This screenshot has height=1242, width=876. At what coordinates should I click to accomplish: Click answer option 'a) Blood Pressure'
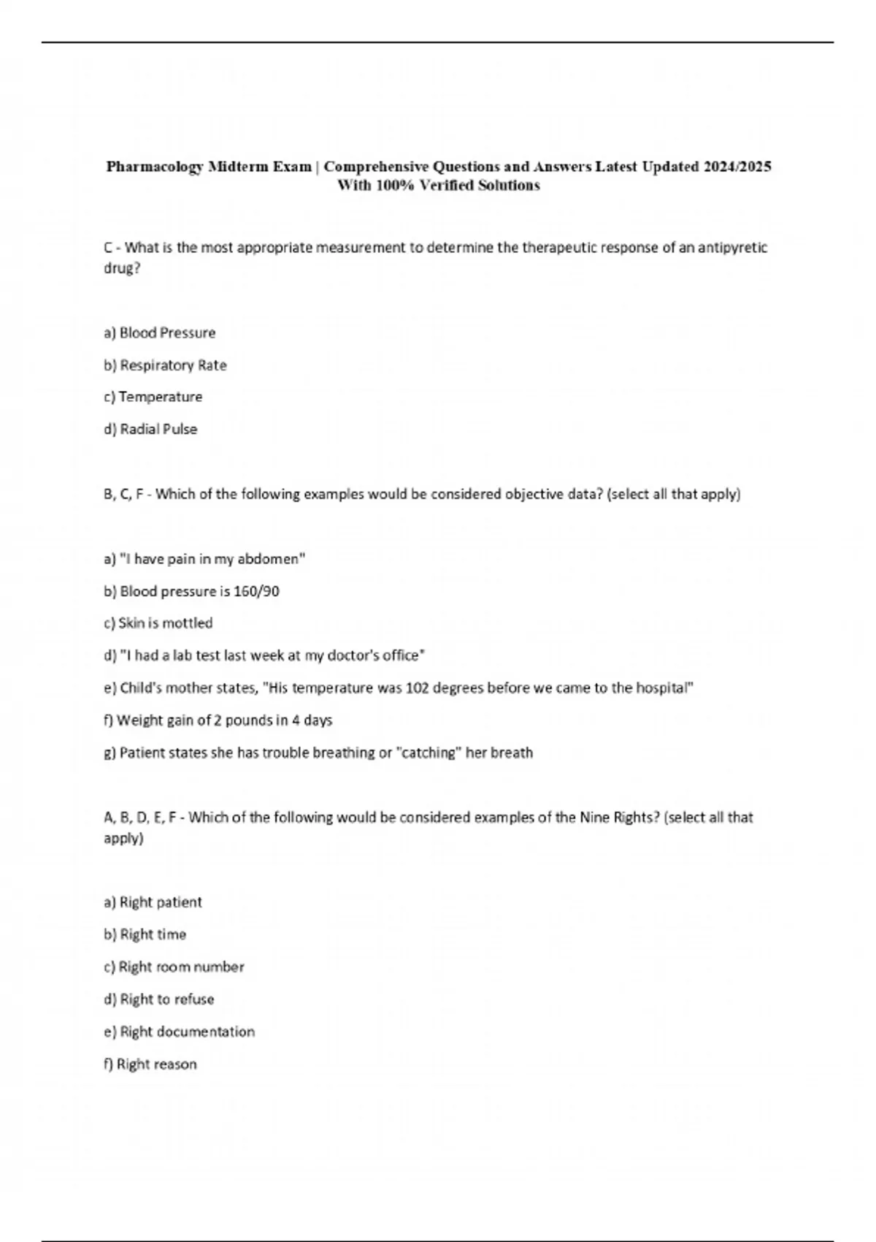160,333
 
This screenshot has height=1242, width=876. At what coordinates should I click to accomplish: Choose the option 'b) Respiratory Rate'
166,365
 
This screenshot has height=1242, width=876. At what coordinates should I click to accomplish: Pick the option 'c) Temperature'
153,397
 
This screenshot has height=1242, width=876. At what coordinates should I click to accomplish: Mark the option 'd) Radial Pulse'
151,430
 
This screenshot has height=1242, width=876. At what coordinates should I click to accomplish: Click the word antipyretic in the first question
732,248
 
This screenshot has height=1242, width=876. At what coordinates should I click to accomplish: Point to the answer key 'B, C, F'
123,495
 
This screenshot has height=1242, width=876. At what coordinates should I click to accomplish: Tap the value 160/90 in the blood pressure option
256,591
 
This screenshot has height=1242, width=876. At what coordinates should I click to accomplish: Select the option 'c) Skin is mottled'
158,623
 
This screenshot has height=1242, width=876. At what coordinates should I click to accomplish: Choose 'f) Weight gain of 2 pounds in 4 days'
218,720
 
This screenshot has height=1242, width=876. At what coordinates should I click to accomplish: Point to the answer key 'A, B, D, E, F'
142,818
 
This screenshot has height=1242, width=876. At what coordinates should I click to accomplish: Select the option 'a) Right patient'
153,902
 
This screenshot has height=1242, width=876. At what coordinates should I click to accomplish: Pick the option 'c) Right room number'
174,967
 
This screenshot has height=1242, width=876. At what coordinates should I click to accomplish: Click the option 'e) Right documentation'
180,1032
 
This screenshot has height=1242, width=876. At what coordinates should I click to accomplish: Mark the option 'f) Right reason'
150,1064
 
